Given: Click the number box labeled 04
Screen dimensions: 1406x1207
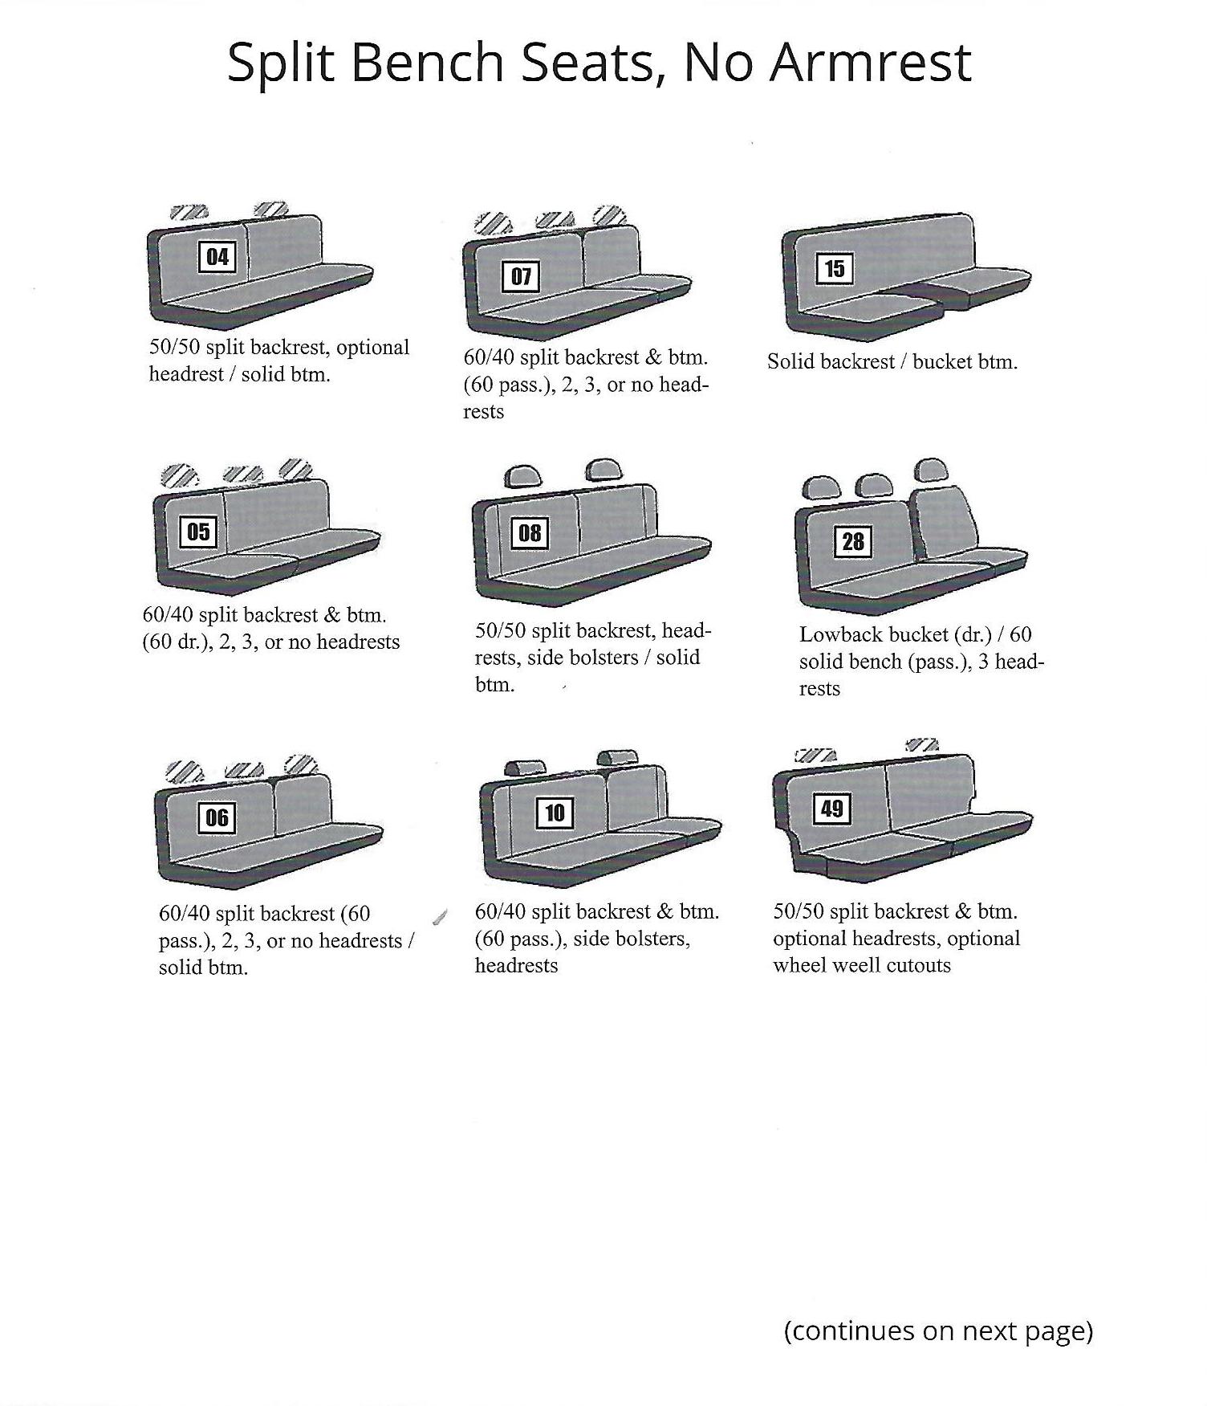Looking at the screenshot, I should [x=217, y=257].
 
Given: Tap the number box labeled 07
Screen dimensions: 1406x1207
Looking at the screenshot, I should [x=521, y=277].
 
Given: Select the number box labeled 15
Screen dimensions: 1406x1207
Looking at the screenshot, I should [x=835, y=268].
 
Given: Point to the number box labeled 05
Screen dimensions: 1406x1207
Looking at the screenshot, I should [x=198, y=532].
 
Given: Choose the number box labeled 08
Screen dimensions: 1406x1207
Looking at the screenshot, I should [x=530, y=533].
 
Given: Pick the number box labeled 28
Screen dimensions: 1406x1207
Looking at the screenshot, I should [x=852, y=541].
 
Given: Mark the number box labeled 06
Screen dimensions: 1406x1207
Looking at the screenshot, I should [x=217, y=818].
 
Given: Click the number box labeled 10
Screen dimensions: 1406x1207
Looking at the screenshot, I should [x=555, y=813].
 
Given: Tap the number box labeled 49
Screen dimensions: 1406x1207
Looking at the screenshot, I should [x=831, y=808].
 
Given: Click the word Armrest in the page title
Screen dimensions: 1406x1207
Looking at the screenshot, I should [x=871, y=63].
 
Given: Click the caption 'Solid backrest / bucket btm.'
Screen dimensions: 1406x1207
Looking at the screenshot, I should [x=892, y=361].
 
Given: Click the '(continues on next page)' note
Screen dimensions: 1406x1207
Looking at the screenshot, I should [x=938, y=1331].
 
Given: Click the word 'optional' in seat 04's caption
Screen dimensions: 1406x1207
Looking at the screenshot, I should [x=373, y=348].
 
